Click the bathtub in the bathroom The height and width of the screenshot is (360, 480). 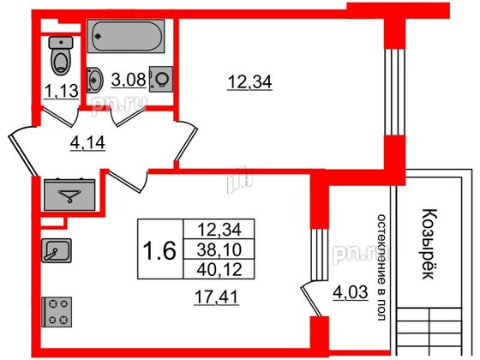tap(126, 36)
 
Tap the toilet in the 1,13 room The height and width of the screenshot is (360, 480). tap(61, 56)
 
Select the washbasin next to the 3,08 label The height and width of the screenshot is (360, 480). tap(93, 80)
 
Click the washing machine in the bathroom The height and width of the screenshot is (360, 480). tap(161, 79)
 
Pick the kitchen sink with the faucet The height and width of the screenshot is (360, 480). tap(57, 250)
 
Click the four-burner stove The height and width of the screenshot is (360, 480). tap(57, 312)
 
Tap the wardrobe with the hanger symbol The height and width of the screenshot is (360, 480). tap(69, 195)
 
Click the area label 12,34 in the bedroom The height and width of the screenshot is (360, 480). tap(249, 82)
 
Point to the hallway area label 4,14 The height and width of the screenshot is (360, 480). tap(87, 142)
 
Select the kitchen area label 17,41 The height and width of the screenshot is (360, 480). tap(216, 297)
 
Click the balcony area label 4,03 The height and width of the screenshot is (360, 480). tap(351, 292)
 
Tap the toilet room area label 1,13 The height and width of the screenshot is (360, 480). tap(61, 91)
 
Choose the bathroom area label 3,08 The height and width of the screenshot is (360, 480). tap(129, 80)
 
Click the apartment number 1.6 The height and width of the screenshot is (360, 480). tap(159, 249)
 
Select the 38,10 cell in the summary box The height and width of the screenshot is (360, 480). tap(219, 249)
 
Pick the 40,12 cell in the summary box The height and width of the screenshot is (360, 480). tap(219, 269)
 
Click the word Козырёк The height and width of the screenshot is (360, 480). tap(429, 244)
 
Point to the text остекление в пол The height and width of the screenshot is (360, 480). tap(381, 267)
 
